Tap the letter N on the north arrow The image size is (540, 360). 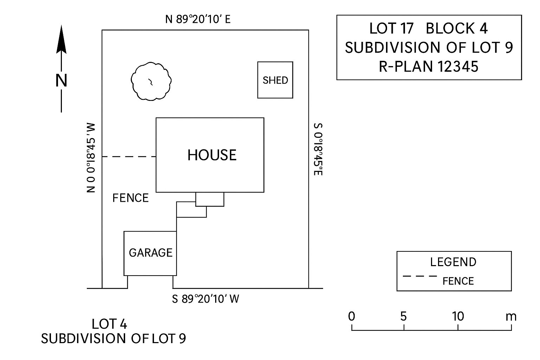point(62,81)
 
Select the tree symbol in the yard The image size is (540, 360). point(151,81)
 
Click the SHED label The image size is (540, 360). point(275,81)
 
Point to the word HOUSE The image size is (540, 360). point(212,155)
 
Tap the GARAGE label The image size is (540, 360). point(150,253)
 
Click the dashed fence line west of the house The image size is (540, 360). point(129,156)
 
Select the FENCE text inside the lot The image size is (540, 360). point(130,198)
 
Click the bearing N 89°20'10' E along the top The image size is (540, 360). point(198,19)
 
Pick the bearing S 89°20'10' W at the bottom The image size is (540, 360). point(206,299)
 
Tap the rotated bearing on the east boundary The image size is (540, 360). point(318,149)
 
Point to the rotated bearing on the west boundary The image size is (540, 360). point(91,157)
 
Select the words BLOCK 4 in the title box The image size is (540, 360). point(456,28)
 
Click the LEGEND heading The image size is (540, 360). point(453,262)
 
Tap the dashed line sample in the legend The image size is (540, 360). point(420,276)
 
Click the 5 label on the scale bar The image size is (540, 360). point(403,316)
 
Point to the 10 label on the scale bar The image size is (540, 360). point(458,316)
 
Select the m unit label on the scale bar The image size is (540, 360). point(511,316)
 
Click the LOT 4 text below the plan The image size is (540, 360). point(109,324)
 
